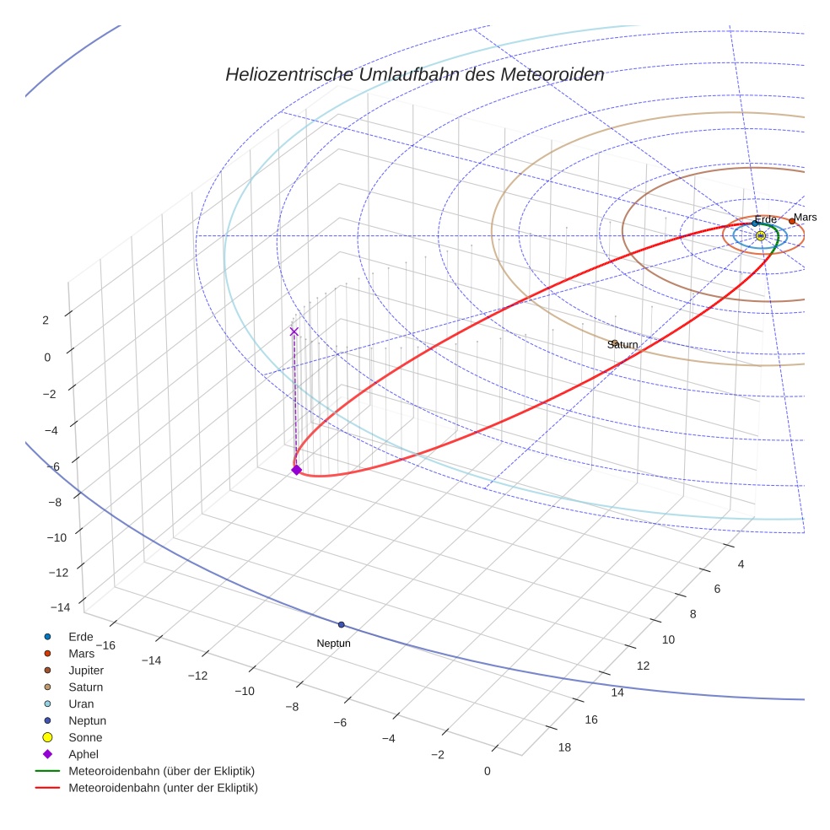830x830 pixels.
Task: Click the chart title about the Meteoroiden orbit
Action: (414, 75)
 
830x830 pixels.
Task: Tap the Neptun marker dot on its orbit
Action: (341, 625)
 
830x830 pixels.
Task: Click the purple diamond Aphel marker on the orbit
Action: (296, 470)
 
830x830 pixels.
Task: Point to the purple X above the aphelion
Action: (294, 331)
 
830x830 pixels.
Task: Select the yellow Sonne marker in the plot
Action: (760, 236)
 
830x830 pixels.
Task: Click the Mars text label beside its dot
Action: (805, 218)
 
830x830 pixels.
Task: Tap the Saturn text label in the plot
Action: (622, 345)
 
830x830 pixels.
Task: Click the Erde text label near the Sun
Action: (765, 220)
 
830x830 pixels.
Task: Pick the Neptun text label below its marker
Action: (333, 644)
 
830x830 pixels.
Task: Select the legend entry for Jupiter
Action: (86, 671)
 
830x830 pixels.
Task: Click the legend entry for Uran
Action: (81, 704)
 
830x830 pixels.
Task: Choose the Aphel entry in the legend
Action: (84, 755)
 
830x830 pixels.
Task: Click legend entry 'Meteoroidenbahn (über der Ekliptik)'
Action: (161, 772)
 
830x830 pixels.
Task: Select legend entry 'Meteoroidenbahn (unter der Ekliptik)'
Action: (163, 789)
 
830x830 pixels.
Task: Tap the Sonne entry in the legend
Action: (85, 738)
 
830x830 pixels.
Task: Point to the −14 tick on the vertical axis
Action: (59, 608)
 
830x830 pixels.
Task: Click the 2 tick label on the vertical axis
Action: (46, 320)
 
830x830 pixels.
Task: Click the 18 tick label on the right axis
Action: (564, 747)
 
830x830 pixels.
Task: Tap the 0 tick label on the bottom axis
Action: (487, 771)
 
